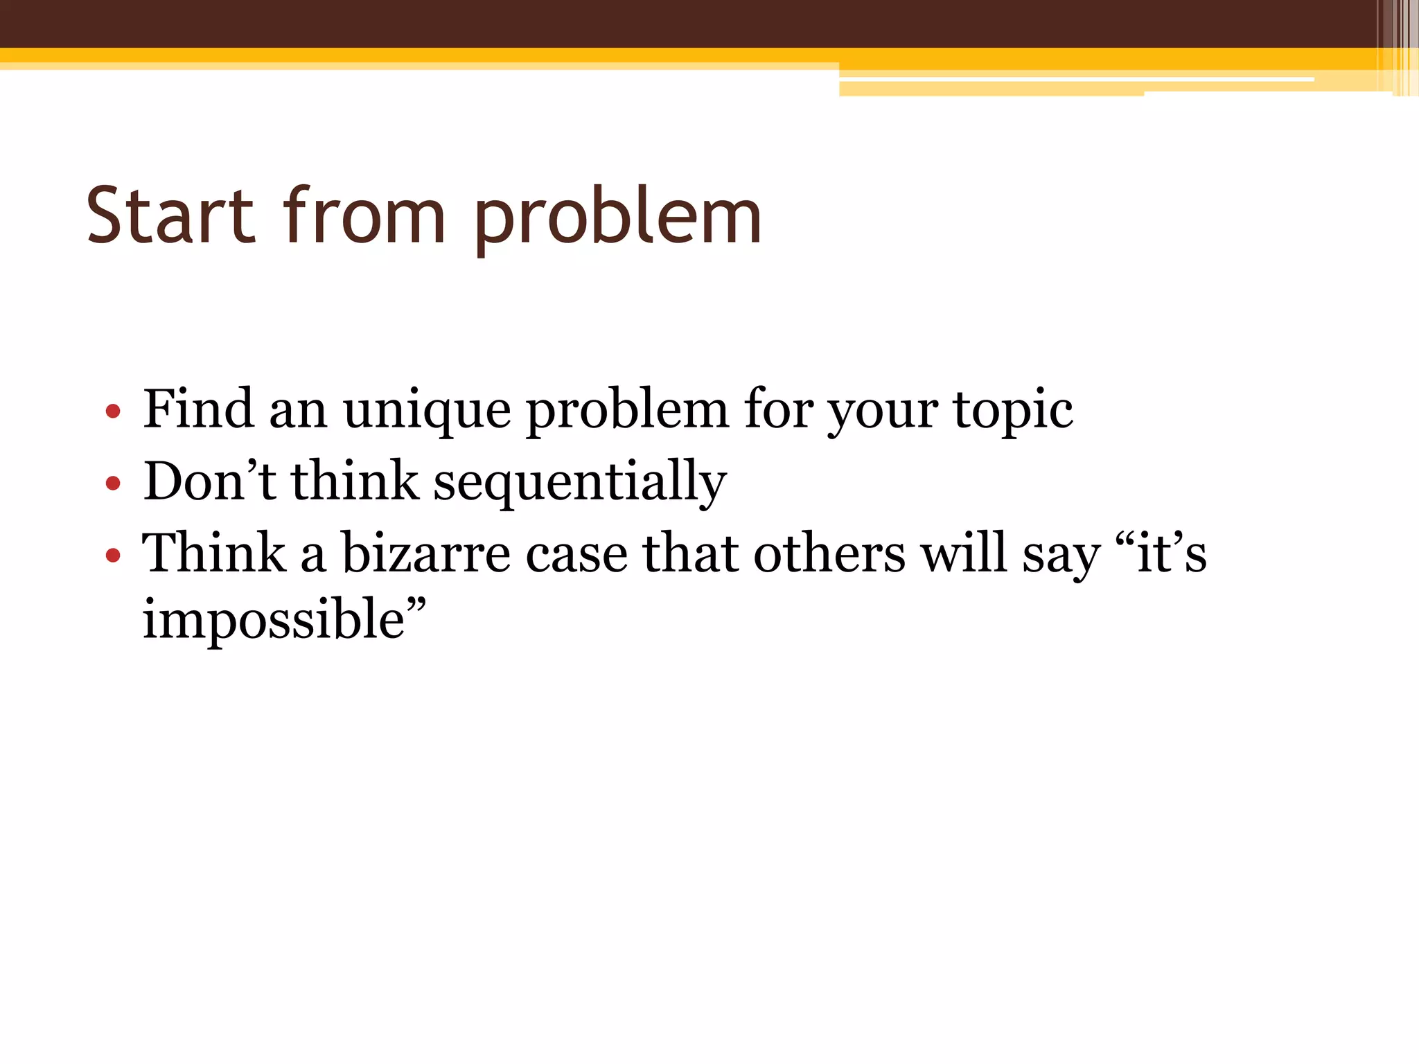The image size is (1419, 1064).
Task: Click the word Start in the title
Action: [x=170, y=216]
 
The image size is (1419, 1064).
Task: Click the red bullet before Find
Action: [x=113, y=412]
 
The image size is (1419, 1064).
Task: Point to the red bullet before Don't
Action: [x=113, y=484]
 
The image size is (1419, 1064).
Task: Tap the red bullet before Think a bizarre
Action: [x=113, y=555]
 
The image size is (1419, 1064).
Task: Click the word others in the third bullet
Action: [x=829, y=553]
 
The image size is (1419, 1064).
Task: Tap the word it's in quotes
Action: [x=1171, y=553]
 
